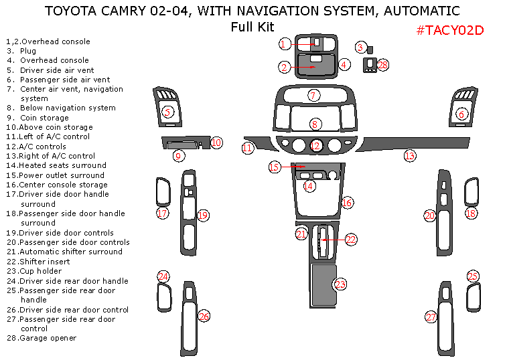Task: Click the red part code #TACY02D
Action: coord(449,30)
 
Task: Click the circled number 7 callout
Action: coord(313,96)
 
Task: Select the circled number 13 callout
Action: coord(410,155)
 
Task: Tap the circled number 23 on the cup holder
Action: coord(340,284)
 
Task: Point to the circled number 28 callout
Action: coord(382,65)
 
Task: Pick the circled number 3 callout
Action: coord(360,48)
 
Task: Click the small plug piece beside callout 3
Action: coord(371,50)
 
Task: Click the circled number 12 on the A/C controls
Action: coord(315,145)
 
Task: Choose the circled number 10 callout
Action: coord(216,142)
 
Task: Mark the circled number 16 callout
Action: coord(346,202)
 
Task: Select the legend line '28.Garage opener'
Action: coord(42,338)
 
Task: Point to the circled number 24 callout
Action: coord(163,276)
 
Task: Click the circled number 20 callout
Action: coord(430,215)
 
